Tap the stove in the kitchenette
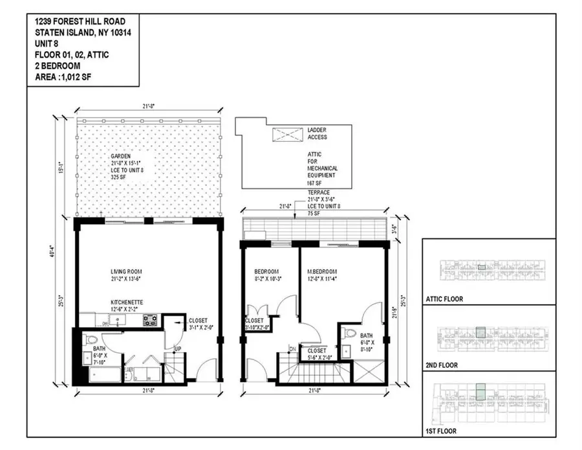[x=149, y=319]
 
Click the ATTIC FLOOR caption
[x=446, y=300]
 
